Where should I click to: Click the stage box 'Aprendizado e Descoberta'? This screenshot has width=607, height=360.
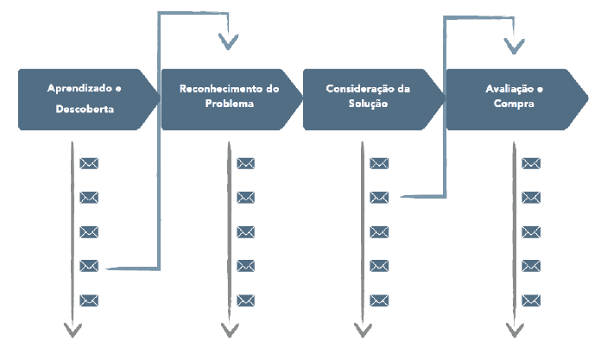(85, 99)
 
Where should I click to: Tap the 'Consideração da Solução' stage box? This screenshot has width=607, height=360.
(370, 99)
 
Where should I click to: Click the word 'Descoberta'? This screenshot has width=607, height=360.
(85, 110)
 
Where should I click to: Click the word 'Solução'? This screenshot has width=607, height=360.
(369, 104)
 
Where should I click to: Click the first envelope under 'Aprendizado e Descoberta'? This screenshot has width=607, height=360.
(89, 163)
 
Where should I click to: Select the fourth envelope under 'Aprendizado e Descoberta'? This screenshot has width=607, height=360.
(89, 266)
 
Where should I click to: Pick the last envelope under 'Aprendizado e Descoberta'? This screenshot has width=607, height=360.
(89, 300)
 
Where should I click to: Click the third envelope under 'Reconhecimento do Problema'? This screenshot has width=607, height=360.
(246, 232)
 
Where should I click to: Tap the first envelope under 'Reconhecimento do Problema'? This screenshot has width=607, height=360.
(246, 163)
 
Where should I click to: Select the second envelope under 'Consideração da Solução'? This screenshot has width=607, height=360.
(379, 198)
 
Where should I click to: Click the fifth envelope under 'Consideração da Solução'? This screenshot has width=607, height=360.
(379, 300)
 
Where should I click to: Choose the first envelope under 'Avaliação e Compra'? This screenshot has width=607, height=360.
(531, 163)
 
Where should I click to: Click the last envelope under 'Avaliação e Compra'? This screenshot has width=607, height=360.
(531, 300)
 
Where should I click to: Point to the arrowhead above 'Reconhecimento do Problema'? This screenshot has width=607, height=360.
(229, 41)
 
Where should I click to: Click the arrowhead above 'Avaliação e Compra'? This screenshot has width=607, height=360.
(515, 43)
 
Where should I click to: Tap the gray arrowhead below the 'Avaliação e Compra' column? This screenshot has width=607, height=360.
(515, 330)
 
